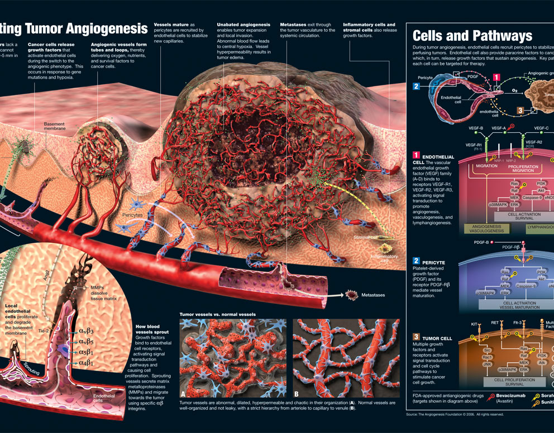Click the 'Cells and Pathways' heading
coord(472,36)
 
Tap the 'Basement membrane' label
coord(55,126)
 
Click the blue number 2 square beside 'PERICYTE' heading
coord(416,261)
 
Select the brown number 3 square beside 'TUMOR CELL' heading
coord(416,336)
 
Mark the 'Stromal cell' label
coord(366,237)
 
